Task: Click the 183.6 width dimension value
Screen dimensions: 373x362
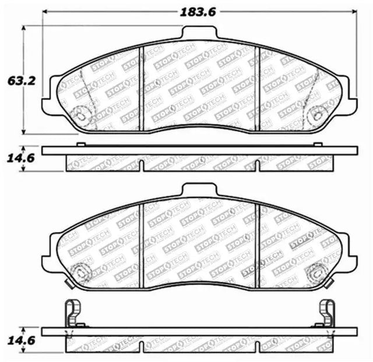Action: point(198,12)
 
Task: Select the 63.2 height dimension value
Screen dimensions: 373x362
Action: point(22,81)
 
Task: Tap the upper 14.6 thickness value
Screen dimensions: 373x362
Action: point(21,158)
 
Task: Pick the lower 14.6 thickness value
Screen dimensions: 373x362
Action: point(22,340)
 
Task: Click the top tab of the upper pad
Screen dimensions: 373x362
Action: point(199,32)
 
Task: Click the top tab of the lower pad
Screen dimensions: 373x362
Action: point(199,189)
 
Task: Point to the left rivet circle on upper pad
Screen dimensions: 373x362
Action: point(81,116)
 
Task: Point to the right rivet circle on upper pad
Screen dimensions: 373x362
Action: point(317,116)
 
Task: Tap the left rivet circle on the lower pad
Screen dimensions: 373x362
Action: point(81,273)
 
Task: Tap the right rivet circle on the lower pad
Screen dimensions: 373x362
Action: point(317,273)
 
